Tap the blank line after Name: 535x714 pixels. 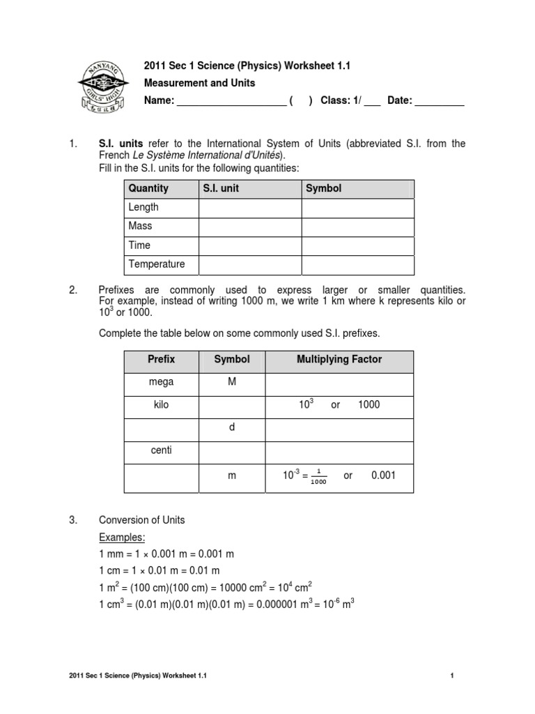click(231, 102)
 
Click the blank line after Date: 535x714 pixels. click(440, 102)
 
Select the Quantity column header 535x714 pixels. click(148, 188)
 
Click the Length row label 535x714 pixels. click(144, 207)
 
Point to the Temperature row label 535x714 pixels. click(157, 264)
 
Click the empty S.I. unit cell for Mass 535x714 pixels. click(249, 227)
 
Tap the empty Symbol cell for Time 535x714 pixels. click(357, 245)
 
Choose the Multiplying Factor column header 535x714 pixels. click(339, 360)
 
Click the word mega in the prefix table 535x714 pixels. click(161, 382)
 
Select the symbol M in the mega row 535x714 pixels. click(232, 382)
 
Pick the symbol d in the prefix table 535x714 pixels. click(232, 427)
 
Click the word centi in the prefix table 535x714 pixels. click(161, 450)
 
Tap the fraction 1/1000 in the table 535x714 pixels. click(319, 478)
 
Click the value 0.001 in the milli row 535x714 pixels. click(383, 475)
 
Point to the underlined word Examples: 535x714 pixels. click(121, 538)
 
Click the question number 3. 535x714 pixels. click(72, 520)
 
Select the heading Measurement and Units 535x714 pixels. click(199, 83)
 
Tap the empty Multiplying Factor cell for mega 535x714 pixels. click(339, 383)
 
